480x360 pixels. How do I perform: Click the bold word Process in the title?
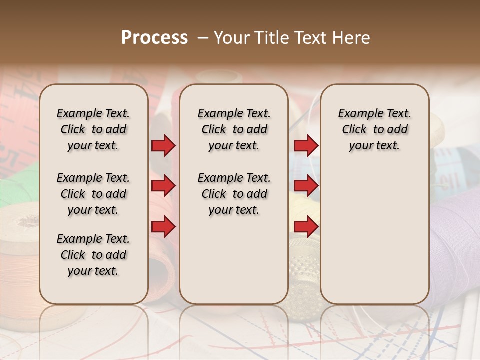154,37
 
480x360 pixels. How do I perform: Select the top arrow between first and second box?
163,145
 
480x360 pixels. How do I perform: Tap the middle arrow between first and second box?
163,186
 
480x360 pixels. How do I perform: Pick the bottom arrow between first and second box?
163,227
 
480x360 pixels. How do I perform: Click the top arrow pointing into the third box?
306,145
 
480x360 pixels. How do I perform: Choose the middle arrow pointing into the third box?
306,186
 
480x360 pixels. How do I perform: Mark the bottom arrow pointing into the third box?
306,227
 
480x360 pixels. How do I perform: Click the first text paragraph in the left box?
93,129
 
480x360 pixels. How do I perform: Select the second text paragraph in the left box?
93,194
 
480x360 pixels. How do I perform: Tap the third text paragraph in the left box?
93,255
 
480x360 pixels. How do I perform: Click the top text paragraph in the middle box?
234,129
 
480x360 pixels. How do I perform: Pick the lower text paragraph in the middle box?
234,194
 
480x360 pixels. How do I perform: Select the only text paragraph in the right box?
374,129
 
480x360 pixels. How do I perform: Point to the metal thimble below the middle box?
303,280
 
